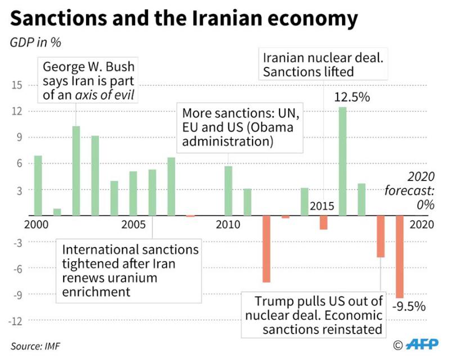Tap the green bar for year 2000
[38, 185]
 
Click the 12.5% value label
[352, 97]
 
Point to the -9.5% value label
[408, 307]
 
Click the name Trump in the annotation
[274, 300]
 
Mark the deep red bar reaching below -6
[266, 249]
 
